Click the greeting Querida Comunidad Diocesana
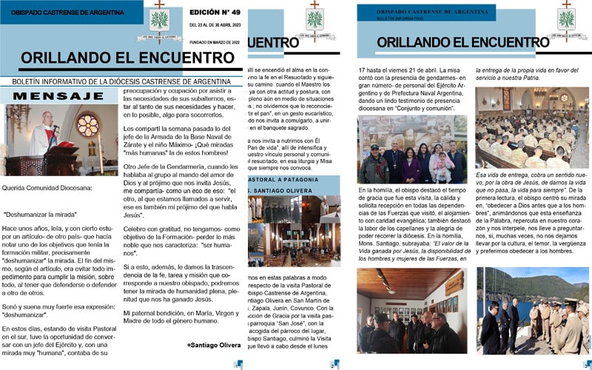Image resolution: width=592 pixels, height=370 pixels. coord(47,187)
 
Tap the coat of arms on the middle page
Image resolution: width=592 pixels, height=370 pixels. coord(315,18)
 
